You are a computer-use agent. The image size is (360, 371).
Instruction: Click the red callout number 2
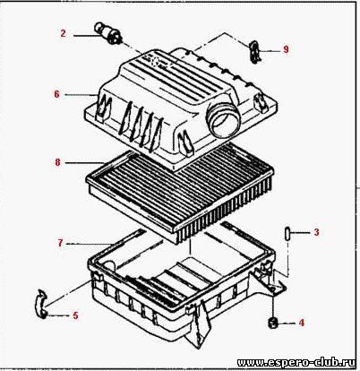click(x=63, y=33)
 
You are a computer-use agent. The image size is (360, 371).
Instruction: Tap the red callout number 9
click(x=286, y=49)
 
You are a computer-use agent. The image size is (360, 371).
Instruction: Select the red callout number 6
click(x=56, y=94)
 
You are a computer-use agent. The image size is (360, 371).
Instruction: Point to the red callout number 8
click(x=57, y=162)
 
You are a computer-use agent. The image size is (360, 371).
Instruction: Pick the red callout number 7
click(x=61, y=244)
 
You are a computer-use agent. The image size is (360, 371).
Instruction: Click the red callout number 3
click(x=317, y=232)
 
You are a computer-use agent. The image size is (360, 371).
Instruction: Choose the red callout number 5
click(x=75, y=315)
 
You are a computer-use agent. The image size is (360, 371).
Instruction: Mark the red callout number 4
click(x=302, y=323)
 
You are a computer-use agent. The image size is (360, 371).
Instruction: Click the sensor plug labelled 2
click(x=108, y=32)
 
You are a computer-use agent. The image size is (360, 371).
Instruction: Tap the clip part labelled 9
click(x=254, y=51)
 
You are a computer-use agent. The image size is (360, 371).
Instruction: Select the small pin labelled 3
click(x=287, y=233)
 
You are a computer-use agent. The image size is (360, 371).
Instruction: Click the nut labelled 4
click(x=272, y=323)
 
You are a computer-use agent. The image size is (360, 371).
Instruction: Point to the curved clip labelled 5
click(x=40, y=304)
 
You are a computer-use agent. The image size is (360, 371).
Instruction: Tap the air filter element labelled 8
click(x=180, y=195)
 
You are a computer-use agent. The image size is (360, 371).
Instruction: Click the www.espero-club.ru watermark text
click(x=296, y=362)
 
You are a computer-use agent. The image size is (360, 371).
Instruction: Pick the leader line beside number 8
click(x=84, y=163)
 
